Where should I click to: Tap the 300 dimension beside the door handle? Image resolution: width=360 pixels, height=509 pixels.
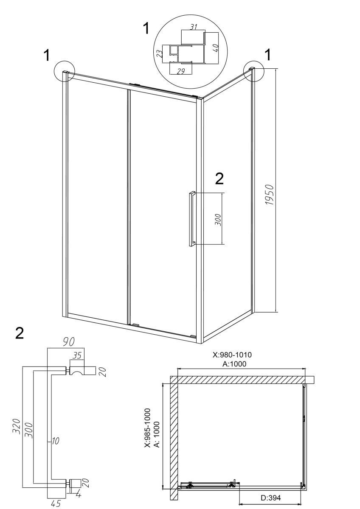click(218, 220)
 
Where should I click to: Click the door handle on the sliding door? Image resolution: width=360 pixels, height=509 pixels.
click(192, 219)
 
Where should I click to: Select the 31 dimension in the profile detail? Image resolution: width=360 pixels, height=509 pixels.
click(193, 27)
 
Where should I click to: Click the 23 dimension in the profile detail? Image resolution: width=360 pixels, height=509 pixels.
click(160, 53)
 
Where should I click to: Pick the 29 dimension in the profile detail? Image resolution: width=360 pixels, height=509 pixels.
click(180, 71)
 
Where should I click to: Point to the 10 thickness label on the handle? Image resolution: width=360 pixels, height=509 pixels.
click(56, 441)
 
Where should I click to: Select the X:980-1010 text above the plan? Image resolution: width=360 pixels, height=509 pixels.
click(232, 355)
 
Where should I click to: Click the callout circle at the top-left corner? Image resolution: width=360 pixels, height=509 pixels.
click(65, 71)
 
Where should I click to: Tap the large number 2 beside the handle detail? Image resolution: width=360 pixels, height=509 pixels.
click(20, 333)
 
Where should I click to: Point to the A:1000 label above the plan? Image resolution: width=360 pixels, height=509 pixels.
click(234, 364)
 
